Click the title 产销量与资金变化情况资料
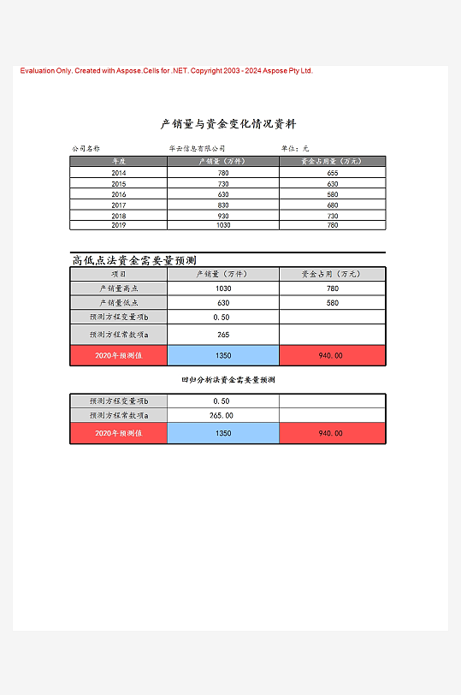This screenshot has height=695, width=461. pos(228,124)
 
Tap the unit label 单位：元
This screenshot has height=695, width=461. pos(295,149)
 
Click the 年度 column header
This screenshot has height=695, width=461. pos(119,161)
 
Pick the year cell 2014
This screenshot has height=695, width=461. pos(119,173)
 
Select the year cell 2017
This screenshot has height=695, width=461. pos(119,205)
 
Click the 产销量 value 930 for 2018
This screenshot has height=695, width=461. pos(223,216)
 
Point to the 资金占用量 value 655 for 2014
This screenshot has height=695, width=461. pos(333,173)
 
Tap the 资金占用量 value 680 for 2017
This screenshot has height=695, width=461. pos(333,205)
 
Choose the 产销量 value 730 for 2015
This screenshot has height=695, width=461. pos(223,184)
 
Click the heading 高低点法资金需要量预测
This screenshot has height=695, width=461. pos(134,260)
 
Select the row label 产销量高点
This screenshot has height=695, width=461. pos(119,288)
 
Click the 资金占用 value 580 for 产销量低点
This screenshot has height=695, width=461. pos(333,303)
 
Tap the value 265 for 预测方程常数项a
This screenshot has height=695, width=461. pos(223,335)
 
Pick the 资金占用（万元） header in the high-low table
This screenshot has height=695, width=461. pos(333,274)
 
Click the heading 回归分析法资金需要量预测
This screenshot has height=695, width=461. pos(228,379)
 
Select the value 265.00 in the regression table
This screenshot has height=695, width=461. pos(222,415)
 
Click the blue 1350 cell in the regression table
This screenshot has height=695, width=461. pos(223,433)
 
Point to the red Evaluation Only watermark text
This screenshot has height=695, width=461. pos(167,71)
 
